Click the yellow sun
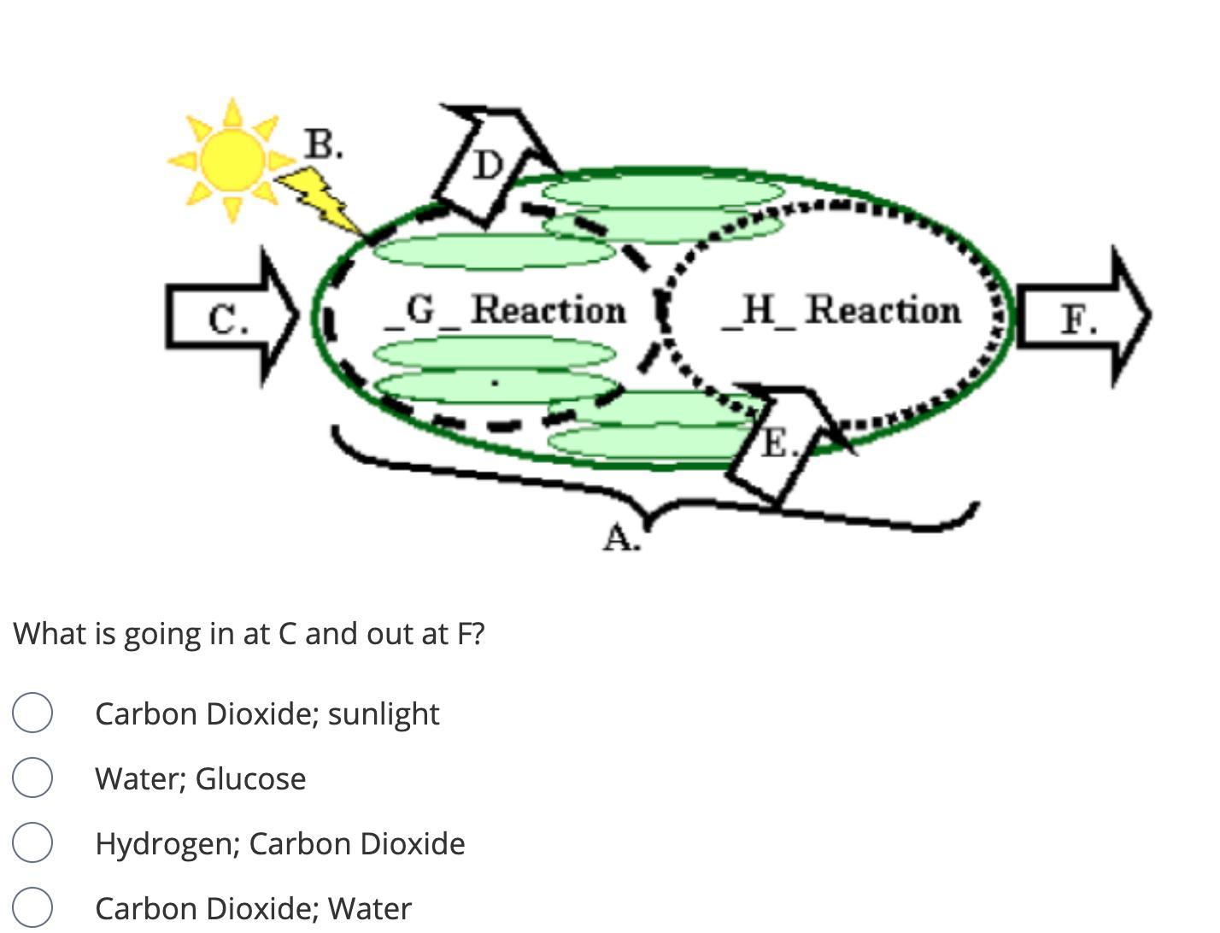[x=232, y=158]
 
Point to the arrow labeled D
[x=487, y=165]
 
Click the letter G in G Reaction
[x=420, y=308]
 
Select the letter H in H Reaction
[x=756, y=308]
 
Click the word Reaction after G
[x=548, y=309]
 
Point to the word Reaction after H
[x=883, y=309]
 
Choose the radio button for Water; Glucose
[x=32, y=778]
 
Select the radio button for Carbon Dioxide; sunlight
[x=32, y=713]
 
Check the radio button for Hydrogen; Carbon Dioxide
[x=32, y=843]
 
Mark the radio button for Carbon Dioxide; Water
[x=32, y=907]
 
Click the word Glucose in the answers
[x=250, y=779]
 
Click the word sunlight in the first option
[x=384, y=714]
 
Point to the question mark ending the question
[x=478, y=634]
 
